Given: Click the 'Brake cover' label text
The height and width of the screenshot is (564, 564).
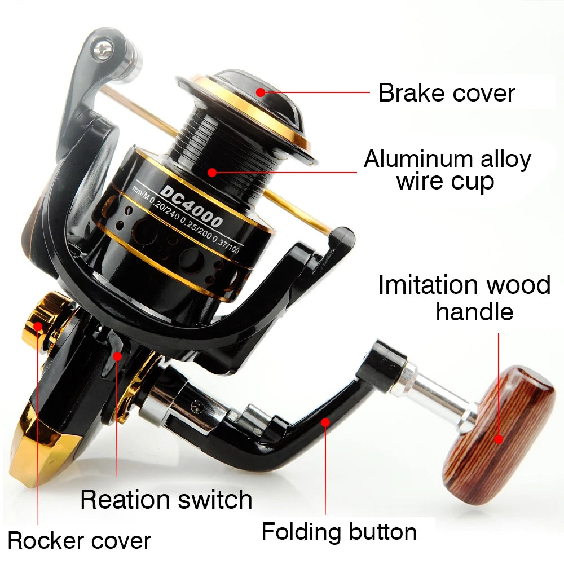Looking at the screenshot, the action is [447, 93].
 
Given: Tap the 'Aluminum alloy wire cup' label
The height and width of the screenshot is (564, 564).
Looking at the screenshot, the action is [447, 170].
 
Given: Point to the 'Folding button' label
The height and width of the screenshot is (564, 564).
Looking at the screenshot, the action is [339, 532].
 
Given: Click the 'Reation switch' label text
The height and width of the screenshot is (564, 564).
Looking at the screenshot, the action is [166, 500].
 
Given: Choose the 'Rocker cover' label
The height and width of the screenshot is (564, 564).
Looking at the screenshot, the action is [80, 541].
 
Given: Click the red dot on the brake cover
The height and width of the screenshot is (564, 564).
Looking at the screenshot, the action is [261, 92].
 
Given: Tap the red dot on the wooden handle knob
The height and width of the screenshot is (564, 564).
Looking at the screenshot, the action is [499, 439].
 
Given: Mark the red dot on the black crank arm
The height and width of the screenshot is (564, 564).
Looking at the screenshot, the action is [325, 422].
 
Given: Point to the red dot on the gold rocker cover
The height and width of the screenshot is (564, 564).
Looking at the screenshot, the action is [38, 326].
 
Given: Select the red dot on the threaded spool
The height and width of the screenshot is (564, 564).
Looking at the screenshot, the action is [212, 172].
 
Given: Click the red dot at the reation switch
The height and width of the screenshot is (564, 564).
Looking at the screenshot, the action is [117, 356].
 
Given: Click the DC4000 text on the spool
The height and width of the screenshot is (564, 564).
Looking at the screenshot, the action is [191, 206].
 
